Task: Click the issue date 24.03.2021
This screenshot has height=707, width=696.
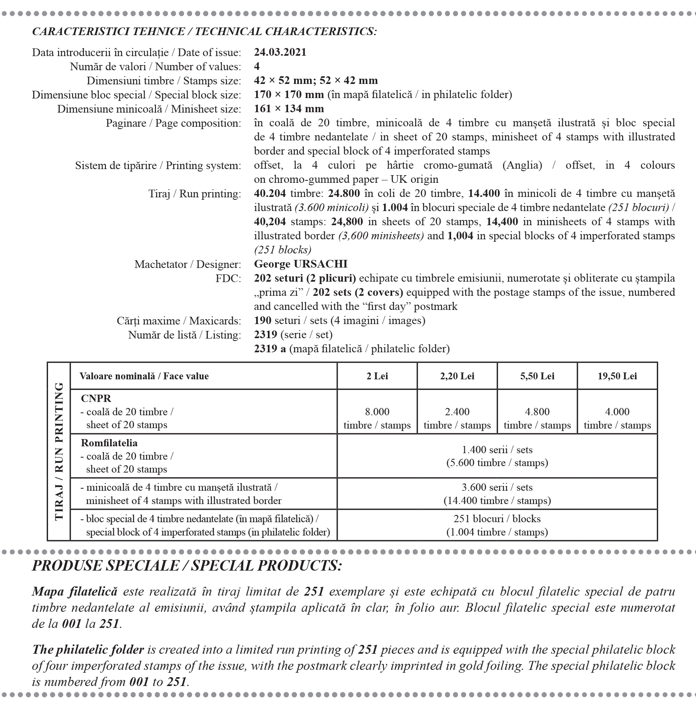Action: (280, 52)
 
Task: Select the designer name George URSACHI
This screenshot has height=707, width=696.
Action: (301, 264)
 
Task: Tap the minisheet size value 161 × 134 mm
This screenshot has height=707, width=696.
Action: (289, 109)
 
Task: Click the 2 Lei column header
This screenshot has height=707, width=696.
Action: (377, 376)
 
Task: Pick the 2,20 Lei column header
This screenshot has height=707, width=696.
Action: (457, 376)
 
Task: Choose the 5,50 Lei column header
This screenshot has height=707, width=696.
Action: (537, 376)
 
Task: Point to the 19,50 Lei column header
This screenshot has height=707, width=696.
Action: (617, 376)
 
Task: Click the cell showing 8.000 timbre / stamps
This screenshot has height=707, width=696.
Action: (377, 418)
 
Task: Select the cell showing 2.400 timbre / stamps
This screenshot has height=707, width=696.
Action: (457, 418)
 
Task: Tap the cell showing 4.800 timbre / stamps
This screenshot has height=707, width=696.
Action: (537, 418)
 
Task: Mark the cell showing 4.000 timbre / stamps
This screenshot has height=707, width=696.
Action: (617, 418)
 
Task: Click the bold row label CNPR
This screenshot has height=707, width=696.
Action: (96, 398)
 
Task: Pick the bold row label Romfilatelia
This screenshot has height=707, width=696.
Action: (109, 443)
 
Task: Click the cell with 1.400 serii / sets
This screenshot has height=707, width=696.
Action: (497, 456)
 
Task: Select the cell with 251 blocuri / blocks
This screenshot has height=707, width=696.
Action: (497, 525)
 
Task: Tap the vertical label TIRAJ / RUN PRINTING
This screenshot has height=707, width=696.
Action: (59, 451)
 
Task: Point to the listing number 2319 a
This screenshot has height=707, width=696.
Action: (270, 349)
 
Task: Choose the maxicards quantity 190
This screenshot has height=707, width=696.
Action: (263, 320)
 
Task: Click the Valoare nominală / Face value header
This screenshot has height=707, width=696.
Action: (144, 376)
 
